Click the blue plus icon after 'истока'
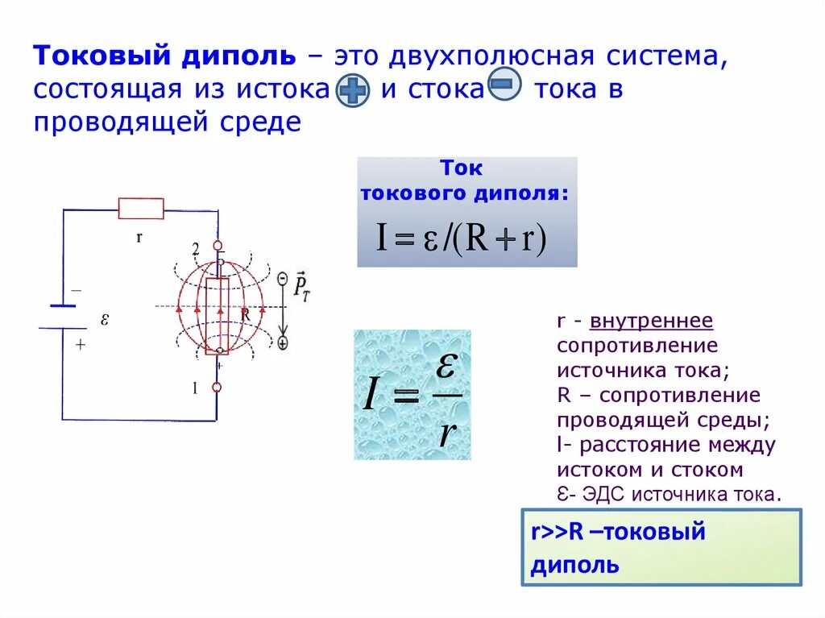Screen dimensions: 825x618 coord(352,91)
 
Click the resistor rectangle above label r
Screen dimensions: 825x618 coord(141,209)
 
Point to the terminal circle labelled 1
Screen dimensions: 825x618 coord(217,388)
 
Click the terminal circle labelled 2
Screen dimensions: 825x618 coord(217,245)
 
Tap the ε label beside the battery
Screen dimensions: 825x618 coord(105,319)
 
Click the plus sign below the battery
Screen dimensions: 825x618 coord(80,343)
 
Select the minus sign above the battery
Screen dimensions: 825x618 coord(77,288)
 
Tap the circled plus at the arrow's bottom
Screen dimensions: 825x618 coord(283,342)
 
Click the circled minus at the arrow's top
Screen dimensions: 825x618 coord(283,278)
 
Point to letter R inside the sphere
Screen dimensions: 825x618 coord(245,315)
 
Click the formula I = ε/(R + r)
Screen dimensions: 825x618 coord(462,238)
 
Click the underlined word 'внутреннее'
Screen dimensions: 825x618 coord(651,321)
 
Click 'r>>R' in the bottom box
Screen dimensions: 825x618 coord(556,532)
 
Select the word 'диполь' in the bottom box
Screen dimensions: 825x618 coord(574,565)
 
